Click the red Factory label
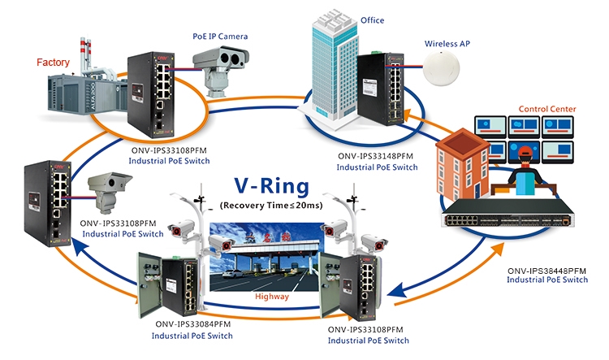(54, 61)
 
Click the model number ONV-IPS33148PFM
(377, 155)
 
